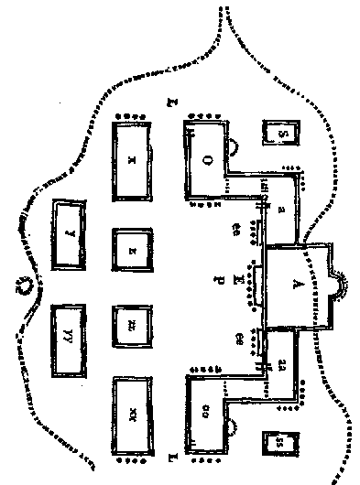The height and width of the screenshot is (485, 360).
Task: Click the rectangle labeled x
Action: click(132, 159)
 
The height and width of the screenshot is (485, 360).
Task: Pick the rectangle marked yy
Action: click(70, 339)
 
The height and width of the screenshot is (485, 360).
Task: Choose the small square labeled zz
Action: click(132, 324)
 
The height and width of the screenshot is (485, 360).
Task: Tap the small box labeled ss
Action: click(280, 443)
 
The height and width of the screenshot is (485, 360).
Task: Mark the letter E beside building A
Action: click(239, 275)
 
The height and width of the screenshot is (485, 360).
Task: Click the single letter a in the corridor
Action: click(280, 210)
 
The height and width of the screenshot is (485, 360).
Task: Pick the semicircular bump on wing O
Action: click(235, 144)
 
